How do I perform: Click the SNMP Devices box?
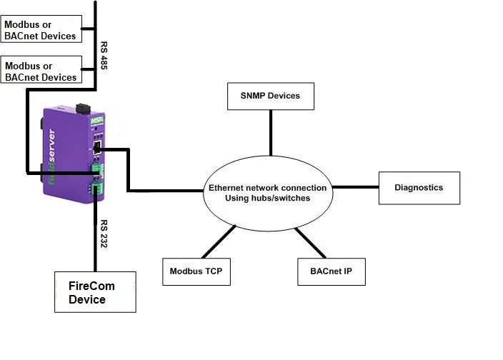[x=271, y=96]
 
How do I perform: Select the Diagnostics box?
[x=419, y=188]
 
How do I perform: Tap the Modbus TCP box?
[x=196, y=271]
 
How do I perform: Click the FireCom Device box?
[x=95, y=291]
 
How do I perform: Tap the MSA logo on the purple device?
[x=97, y=120]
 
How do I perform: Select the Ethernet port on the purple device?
[x=95, y=149]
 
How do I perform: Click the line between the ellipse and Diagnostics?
[x=355, y=188]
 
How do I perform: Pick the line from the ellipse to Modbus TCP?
[x=219, y=241]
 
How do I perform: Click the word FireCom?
[x=91, y=286]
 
